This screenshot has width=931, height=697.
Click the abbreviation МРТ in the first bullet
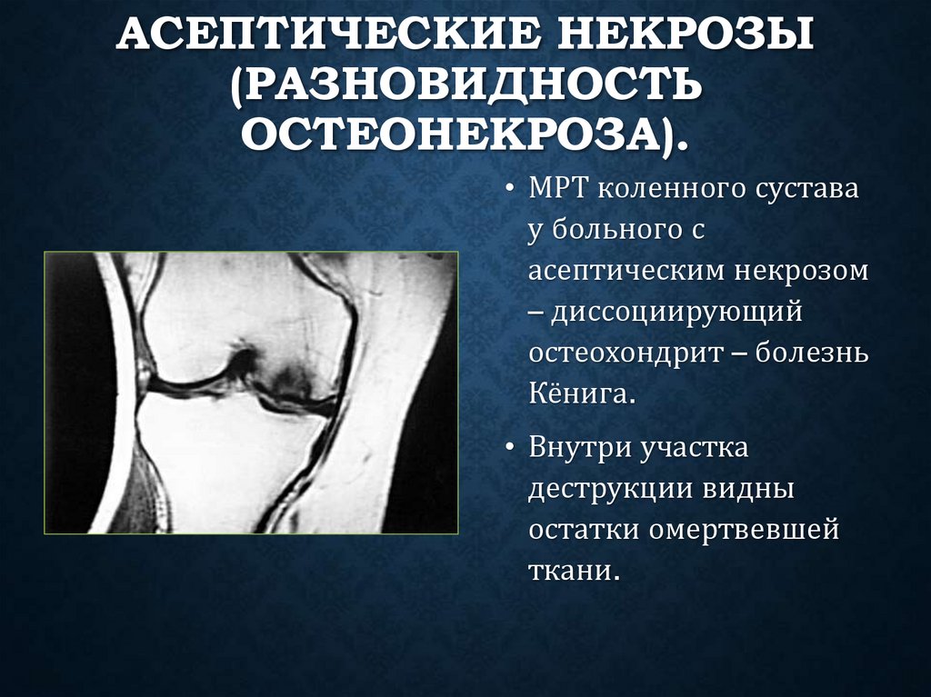(x=562, y=192)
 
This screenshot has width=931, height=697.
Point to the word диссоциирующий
(x=675, y=312)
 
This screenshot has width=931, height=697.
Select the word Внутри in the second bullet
(x=580, y=449)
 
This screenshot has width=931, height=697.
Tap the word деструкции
(x=609, y=489)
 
